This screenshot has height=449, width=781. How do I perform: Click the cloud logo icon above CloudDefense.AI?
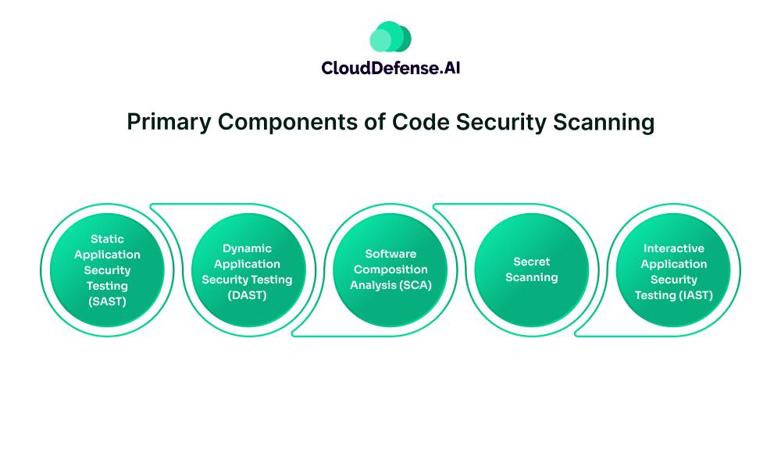[390, 37]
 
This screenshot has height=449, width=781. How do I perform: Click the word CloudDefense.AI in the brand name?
[390, 68]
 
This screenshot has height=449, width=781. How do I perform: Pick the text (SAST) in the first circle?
[107, 301]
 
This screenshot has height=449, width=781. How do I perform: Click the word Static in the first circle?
[107, 239]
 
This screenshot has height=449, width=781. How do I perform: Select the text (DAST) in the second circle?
[247, 295]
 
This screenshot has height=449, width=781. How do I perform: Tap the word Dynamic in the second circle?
[247, 248]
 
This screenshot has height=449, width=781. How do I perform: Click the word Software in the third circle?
[390, 254]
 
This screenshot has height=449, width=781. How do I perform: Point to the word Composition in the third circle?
[390, 269]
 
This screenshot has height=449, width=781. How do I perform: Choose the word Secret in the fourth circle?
[532, 262]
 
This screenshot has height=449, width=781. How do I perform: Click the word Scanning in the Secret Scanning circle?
[532, 277]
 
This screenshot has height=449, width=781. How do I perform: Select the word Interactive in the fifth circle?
[674, 248]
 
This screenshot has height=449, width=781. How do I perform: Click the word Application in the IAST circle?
[674, 264]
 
